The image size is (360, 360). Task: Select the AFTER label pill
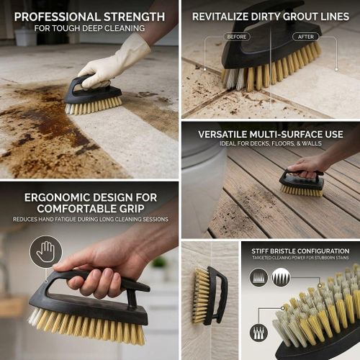point(306,36)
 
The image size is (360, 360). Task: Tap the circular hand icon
point(45,252)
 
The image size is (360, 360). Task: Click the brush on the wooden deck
point(302,183)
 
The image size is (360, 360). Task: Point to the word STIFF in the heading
point(261,251)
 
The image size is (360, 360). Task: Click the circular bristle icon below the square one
point(258,332)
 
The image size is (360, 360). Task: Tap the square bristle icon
point(280,277)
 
